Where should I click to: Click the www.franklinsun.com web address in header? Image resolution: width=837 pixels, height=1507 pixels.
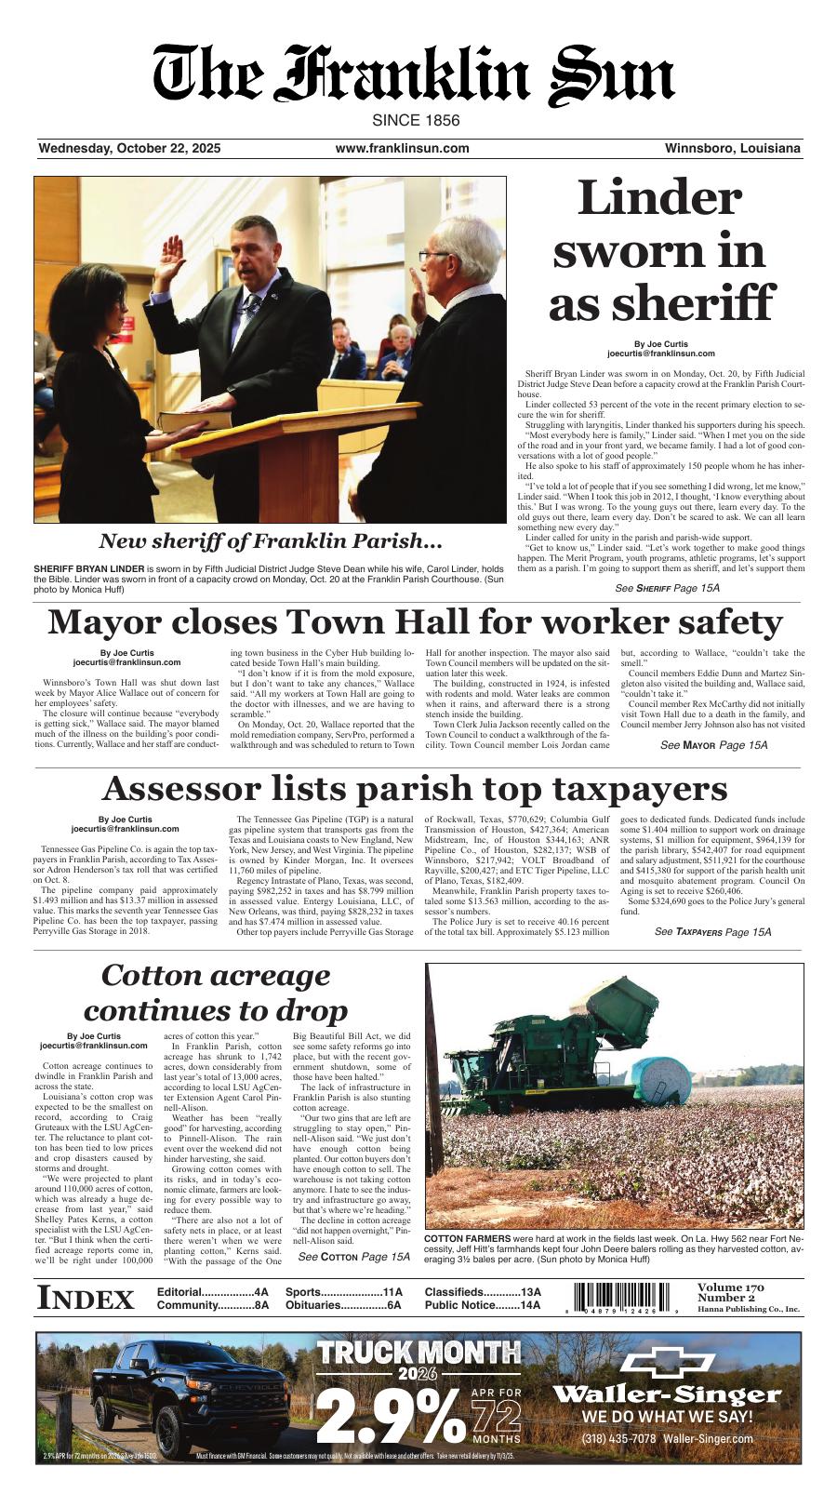402,149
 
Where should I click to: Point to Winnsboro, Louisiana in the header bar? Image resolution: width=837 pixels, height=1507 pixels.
732,149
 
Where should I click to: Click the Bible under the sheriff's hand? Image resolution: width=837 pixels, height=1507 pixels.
195,420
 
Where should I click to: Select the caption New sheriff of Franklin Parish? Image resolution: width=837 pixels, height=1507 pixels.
270,541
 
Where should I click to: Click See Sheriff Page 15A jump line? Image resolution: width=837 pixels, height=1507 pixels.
667,589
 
